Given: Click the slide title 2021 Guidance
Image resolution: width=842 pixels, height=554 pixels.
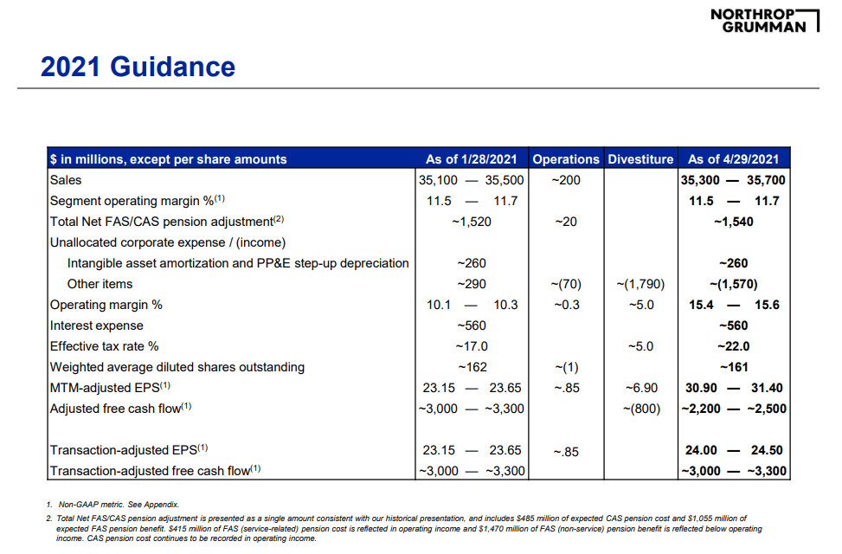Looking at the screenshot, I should click(138, 68).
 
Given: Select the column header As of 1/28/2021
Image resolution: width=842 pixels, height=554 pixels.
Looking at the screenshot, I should click(471, 159).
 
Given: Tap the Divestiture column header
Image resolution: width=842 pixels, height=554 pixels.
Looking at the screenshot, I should click(640, 159).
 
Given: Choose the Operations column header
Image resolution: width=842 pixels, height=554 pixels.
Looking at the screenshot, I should click(565, 159).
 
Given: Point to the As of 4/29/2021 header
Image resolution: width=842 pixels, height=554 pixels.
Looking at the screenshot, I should click(733, 159).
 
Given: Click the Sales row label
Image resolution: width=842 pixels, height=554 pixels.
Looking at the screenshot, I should click(66, 180).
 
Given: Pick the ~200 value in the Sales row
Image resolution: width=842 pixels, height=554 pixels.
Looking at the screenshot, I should click(565, 180).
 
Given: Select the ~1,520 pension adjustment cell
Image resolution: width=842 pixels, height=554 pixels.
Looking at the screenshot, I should click(471, 222).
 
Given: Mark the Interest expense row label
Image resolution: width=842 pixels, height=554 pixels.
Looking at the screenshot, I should click(97, 325).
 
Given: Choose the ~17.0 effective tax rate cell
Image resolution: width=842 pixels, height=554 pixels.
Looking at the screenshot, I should click(471, 346).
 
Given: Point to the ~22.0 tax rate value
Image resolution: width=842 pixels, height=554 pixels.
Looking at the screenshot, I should click(733, 346).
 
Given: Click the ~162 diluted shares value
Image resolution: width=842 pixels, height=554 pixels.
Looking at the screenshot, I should click(471, 367).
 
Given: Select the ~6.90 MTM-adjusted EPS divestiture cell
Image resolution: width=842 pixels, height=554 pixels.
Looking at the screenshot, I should click(640, 388).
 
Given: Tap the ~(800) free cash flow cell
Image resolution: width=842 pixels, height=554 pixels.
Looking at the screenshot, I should click(640, 409).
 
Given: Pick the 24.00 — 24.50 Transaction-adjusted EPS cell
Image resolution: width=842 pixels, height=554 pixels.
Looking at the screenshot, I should click(733, 450).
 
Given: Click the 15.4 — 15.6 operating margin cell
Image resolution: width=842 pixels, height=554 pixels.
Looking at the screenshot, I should click(733, 305).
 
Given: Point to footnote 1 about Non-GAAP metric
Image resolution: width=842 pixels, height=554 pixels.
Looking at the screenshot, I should click(112, 505).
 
